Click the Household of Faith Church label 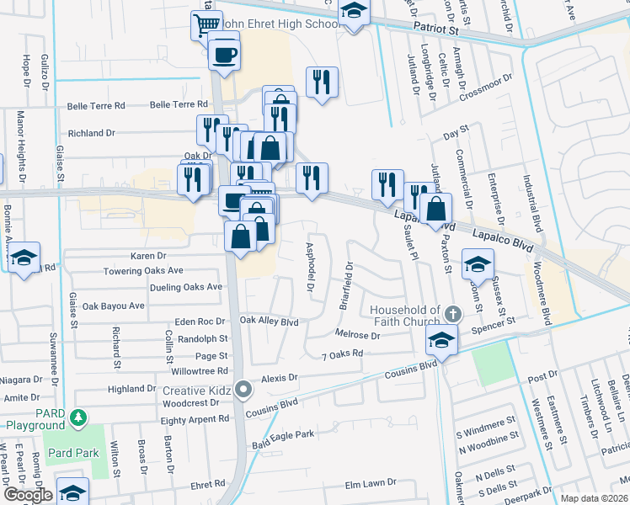[x=406, y=316]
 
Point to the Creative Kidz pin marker [x=244, y=390]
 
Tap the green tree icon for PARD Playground [x=78, y=417]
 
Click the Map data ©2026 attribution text [x=594, y=498]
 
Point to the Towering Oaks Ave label [x=142, y=271]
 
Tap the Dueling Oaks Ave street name [x=185, y=286]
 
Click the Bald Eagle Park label [x=283, y=434]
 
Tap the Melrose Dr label [x=358, y=335]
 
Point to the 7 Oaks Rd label [x=342, y=353]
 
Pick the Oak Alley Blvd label [x=270, y=321]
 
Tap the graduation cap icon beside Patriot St [x=355, y=12]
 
